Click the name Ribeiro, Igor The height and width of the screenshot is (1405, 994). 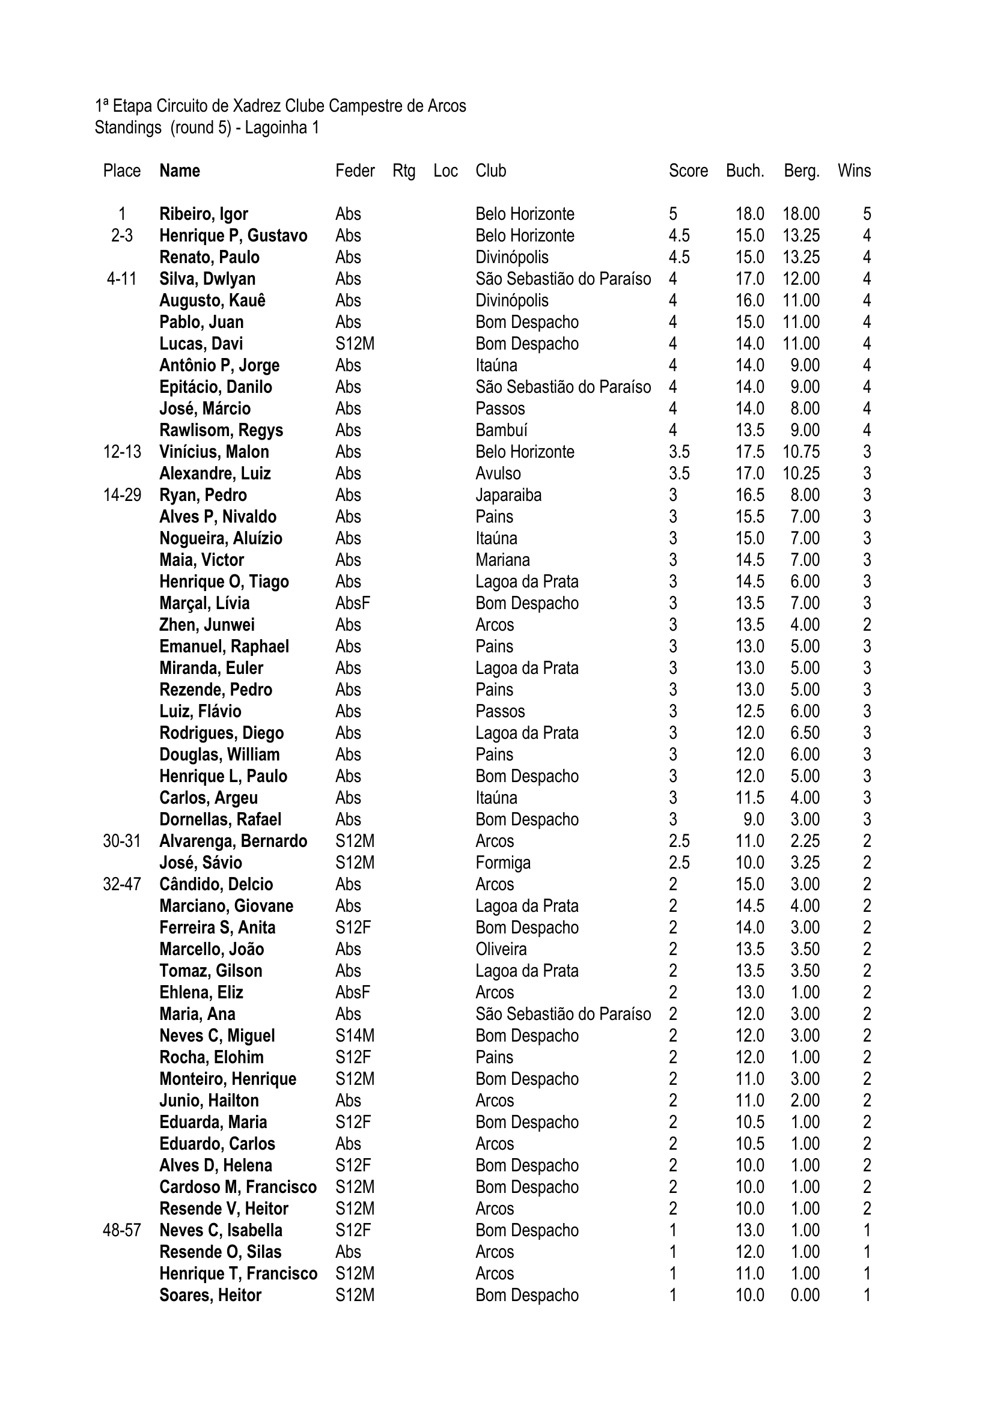(x=203, y=214)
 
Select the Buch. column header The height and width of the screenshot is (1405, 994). (x=745, y=171)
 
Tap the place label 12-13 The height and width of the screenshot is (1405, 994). (x=122, y=452)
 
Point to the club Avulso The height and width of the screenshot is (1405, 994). (x=498, y=473)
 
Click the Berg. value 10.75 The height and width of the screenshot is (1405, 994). (x=800, y=452)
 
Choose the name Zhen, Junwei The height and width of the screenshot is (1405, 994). (x=207, y=625)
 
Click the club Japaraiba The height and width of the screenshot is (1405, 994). (x=508, y=495)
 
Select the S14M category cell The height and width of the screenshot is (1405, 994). (x=355, y=1036)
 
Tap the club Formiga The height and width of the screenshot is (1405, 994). (x=502, y=863)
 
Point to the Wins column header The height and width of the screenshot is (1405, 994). (x=854, y=171)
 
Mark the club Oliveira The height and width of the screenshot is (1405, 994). (x=501, y=949)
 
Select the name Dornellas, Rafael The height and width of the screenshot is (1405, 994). (x=221, y=819)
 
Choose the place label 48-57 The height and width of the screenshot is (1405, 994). (x=122, y=1231)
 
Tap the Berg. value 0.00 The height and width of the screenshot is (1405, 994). (x=804, y=1296)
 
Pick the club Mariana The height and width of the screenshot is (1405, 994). (x=502, y=560)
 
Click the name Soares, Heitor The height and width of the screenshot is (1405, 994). (x=210, y=1296)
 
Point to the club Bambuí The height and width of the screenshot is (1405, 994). (x=501, y=430)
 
